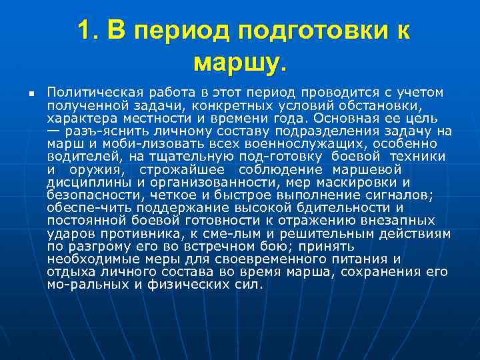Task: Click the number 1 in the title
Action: [85, 31]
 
